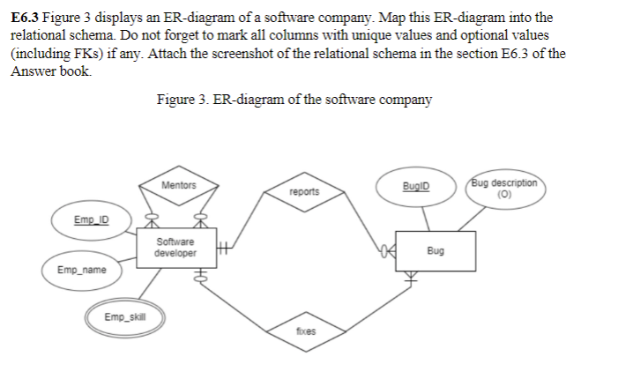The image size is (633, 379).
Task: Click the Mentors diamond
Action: click(179, 186)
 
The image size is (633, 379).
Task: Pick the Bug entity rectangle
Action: click(435, 250)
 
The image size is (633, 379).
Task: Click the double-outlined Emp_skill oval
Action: click(125, 316)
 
